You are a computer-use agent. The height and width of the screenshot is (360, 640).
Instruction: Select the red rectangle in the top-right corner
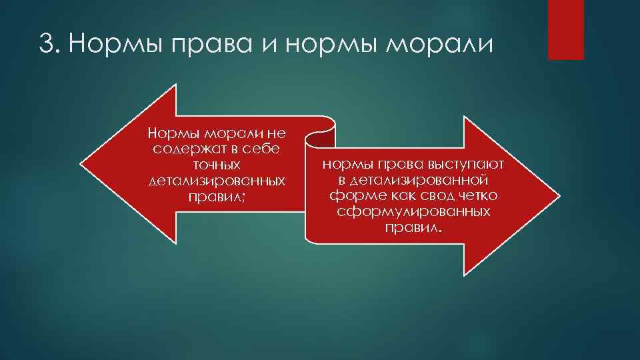pos(565,29)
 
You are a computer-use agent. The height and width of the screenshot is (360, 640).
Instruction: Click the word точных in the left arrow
pos(216,165)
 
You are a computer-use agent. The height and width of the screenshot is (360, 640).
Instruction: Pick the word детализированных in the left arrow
pos(216,181)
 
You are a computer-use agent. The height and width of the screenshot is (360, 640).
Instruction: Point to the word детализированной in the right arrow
pos(413,180)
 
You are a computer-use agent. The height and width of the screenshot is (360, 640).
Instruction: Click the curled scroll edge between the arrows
pos(318,137)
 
